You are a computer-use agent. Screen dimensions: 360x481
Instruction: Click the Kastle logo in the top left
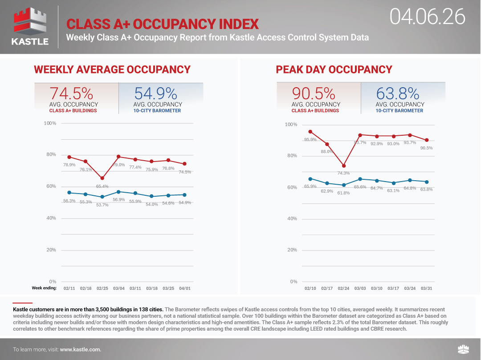tap(30, 27)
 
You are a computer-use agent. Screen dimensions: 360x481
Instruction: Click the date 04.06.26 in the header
tap(428, 17)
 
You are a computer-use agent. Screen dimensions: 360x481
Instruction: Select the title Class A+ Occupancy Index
tap(162, 24)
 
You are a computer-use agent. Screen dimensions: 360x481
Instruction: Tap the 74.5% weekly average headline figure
tap(71, 93)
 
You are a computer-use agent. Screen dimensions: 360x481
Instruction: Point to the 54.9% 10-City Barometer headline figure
tap(155, 93)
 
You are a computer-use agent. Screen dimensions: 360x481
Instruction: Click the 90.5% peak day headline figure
tap(313, 93)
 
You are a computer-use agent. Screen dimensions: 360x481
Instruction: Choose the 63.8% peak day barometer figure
tap(398, 93)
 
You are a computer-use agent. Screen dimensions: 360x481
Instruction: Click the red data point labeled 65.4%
tap(102, 178)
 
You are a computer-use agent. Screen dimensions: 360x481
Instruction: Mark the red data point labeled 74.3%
tap(343, 166)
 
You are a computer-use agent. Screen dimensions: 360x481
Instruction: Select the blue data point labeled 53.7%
tap(102, 197)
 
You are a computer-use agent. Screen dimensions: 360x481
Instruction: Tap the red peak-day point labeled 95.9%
tap(310, 132)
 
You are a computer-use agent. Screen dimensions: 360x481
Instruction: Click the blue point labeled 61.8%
tap(343, 185)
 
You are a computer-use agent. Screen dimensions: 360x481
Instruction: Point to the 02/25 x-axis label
tap(102, 288)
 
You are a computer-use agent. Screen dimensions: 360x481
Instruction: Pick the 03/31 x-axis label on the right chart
tap(427, 288)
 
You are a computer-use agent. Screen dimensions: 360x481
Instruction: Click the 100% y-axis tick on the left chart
tap(50, 123)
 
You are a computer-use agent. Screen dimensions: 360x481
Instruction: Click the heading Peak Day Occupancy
tap(334, 69)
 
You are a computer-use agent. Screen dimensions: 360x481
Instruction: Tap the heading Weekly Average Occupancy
tap(112, 69)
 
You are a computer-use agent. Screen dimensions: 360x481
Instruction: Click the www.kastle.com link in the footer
tap(80, 350)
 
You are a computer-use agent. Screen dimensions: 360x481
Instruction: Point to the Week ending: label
tap(44, 288)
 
